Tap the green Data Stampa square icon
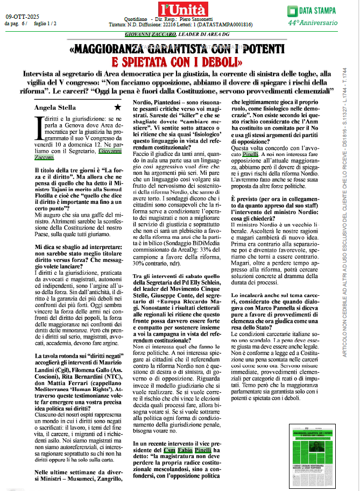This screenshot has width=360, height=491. click(292, 10)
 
